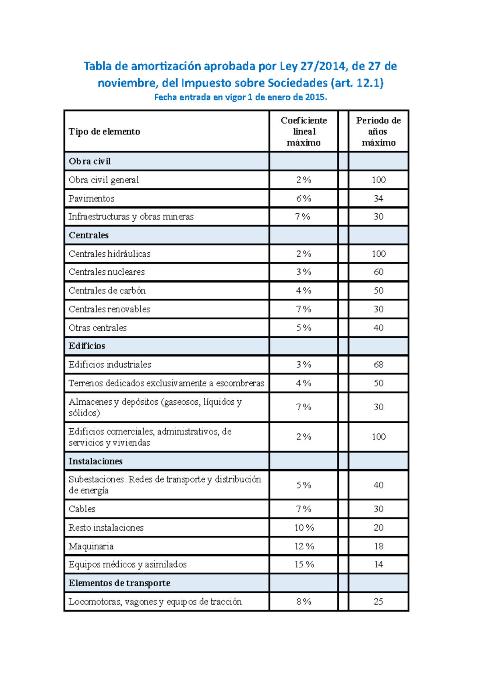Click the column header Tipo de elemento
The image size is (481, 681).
[104, 132]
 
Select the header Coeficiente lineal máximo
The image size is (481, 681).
[303, 132]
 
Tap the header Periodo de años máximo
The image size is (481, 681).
[378, 132]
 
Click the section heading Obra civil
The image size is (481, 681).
[89, 161]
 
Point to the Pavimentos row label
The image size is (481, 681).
[91, 199]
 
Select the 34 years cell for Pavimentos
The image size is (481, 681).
[378, 199]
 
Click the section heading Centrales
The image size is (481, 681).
[89, 235]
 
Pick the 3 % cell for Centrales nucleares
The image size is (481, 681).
[303, 272]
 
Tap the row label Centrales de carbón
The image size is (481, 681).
[107, 290]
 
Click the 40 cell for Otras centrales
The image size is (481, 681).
[378, 328]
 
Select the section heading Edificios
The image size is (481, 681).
[87, 346]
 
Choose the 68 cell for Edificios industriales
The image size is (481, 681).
[378, 365]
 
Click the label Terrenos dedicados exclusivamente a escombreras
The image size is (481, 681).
[166, 383]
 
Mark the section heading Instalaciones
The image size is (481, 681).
[95, 461]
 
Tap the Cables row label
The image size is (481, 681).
[82, 509]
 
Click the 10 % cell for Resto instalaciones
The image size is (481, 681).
[304, 528]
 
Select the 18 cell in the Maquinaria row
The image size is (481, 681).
[378, 546]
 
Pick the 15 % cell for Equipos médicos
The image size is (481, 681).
[304, 564]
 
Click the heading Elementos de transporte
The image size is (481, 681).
[119, 583]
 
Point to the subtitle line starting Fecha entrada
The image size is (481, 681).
[240, 97]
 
